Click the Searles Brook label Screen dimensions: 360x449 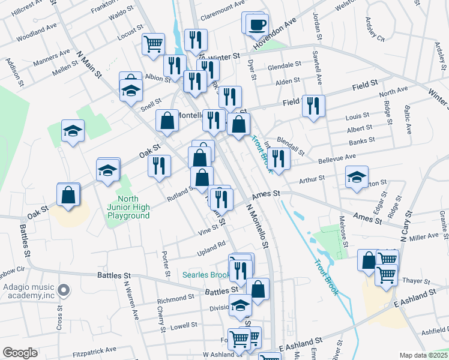click(206, 275)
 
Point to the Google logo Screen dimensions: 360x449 click(20, 353)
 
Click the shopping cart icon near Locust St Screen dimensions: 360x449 click(153, 43)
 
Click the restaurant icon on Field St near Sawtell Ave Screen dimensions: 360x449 click(313, 106)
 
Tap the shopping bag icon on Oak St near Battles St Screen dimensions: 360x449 click(69, 194)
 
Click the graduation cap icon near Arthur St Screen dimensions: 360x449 click(357, 177)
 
